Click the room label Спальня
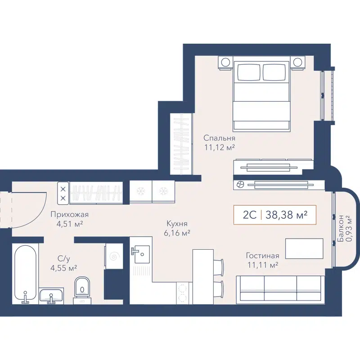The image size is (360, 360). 219,138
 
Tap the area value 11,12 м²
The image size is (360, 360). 220,147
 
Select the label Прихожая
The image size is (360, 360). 69,214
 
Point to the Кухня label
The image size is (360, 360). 176,223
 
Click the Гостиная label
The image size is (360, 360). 262,256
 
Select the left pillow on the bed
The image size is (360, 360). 249,72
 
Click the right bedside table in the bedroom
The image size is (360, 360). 297,63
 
